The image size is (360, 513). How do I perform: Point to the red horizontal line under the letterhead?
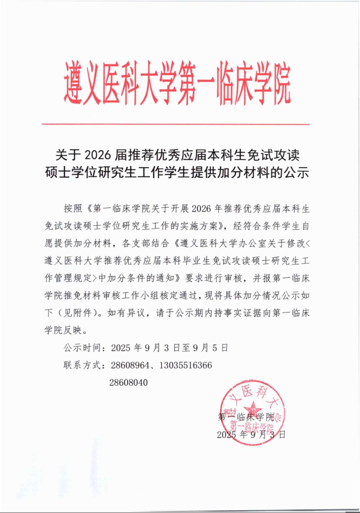click(x=176, y=124)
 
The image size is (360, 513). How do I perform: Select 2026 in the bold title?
click(x=98, y=155)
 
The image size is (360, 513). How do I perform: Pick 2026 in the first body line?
click(x=201, y=209)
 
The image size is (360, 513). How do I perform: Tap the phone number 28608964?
click(x=130, y=365)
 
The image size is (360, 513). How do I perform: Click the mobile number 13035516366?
click(x=186, y=365)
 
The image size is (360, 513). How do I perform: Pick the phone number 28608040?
click(x=128, y=382)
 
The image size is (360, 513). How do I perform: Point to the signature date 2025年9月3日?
click(x=251, y=434)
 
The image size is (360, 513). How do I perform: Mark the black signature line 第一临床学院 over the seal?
click(x=246, y=417)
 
